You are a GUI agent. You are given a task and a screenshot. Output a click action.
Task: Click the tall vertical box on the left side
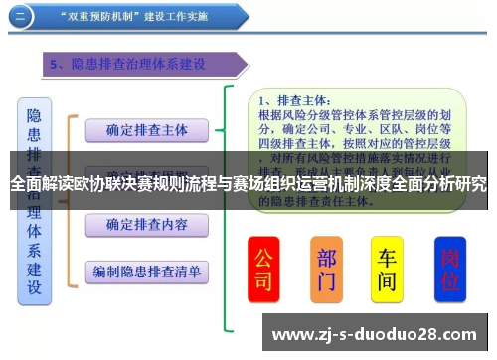pos(34,199)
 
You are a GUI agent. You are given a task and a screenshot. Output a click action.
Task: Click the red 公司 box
pos(263,269)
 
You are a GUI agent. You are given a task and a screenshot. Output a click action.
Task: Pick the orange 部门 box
pos(326,269)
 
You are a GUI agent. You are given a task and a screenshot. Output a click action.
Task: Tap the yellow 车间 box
pos(388,269)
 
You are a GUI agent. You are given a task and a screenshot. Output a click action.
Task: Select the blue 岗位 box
pos(449,269)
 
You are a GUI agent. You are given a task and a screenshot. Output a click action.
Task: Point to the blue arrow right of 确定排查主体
pos(226,129)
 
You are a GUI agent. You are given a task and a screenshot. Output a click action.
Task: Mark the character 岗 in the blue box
pos(449,257)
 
